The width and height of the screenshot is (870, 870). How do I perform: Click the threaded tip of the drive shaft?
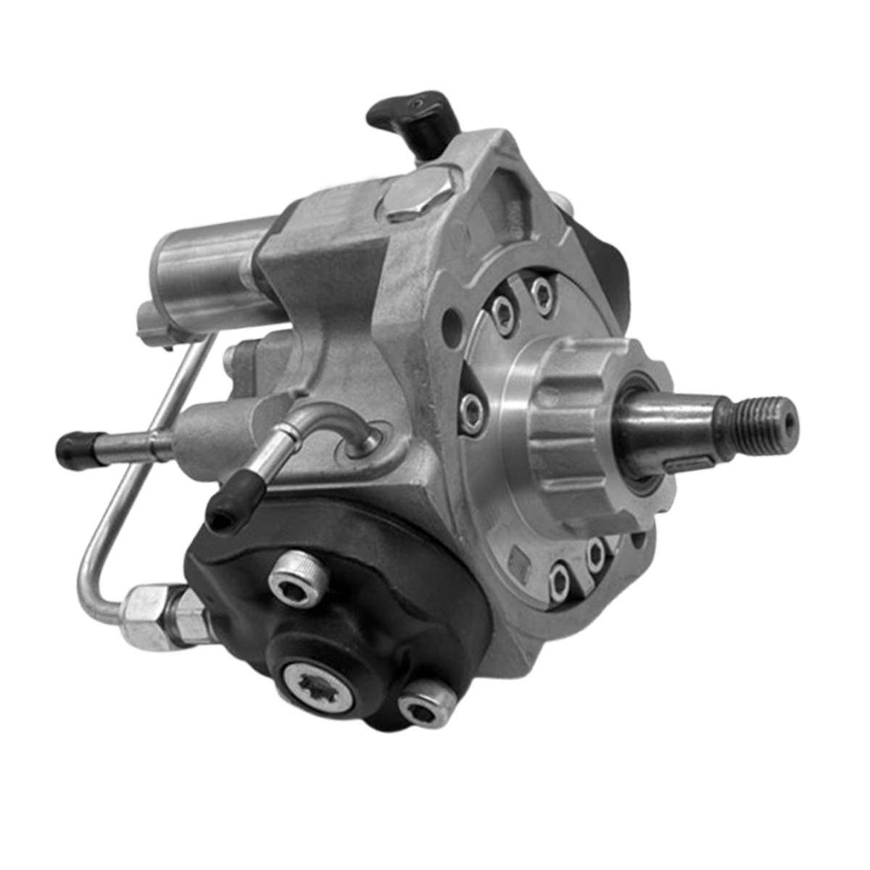pos(761,420)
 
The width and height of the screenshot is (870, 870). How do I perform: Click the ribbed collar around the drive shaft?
pos(573,428)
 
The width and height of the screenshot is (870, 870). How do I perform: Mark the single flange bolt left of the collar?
pos(471,410)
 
